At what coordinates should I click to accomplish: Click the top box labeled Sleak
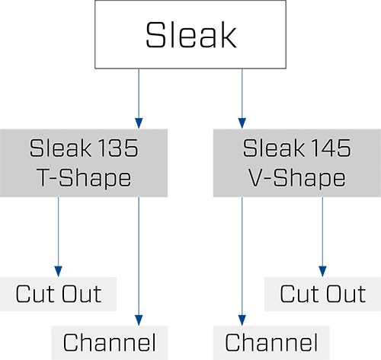click(x=190, y=34)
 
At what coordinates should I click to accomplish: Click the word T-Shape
click(x=84, y=178)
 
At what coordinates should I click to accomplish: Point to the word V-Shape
click(x=296, y=178)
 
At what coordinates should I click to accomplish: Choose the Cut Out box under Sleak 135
click(x=58, y=294)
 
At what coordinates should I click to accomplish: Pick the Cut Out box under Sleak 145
click(x=322, y=294)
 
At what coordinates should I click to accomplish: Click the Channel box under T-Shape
click(x=110, y=342)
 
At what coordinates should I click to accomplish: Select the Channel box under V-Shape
click(x=271, y=342)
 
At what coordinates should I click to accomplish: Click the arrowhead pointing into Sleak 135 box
click(x=139, y=123)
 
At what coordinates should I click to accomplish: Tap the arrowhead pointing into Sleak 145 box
click(x=242, y=123)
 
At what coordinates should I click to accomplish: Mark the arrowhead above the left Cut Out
click(x=58, y=272)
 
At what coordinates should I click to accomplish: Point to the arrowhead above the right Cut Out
click(x=322, y=272)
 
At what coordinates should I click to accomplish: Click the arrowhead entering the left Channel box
click(x=139, y=320)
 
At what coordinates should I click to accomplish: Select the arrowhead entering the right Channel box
click(x=242, y=320)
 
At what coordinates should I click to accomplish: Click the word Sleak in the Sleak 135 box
click(x=60, y=148)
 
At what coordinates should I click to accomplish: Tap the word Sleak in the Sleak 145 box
click(x=274, y=148)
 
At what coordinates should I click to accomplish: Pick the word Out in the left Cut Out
click(x=82, y=294)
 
